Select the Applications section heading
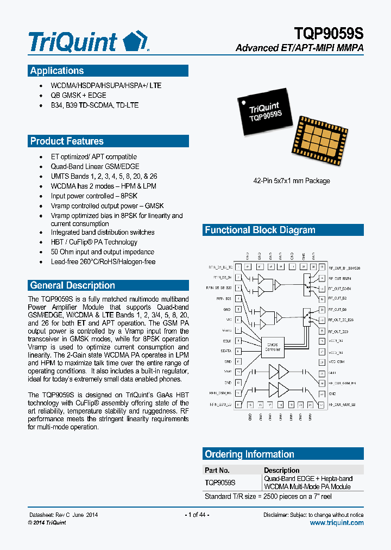point(57,71)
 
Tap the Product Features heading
point(67,141)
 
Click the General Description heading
point(72,285)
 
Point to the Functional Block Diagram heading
point(260,230)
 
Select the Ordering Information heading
point(249,454)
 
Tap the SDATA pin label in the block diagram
point(225,351)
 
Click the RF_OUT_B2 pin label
point(338,298)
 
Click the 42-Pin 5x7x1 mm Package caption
point(292,181)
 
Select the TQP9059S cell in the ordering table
point(220,482)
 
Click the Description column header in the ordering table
point(281,470)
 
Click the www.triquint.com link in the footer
point(337,523)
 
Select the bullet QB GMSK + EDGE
point(79,95)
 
